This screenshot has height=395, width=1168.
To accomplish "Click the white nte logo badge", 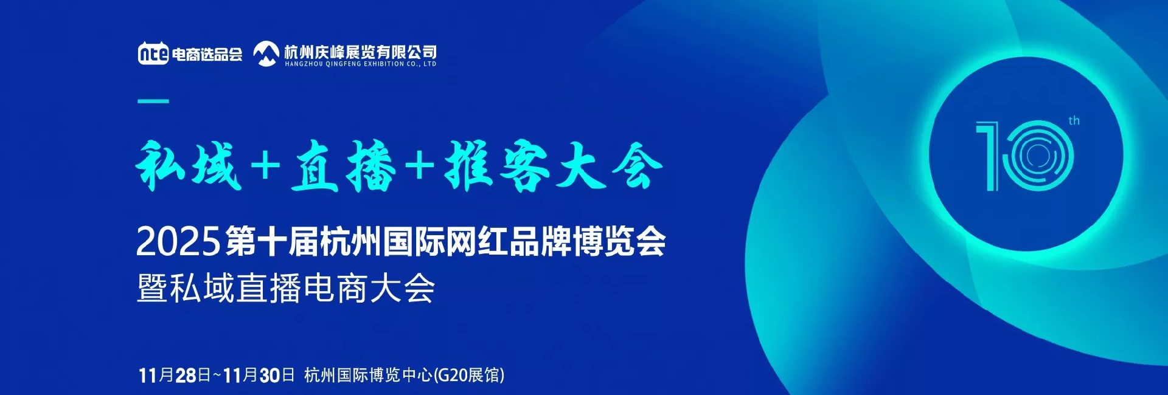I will tap(153, 53).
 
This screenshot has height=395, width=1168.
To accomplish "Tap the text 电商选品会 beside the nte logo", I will tap(207, 55).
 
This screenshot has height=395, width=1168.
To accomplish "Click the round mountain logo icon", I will tap(266, 53).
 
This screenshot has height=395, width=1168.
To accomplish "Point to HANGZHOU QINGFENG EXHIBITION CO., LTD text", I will tap(360, 64).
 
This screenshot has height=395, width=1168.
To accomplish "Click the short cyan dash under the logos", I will tap(153, 101).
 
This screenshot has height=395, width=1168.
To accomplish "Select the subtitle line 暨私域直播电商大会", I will tap(286, 288).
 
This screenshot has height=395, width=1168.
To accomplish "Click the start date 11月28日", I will tap(175, 375).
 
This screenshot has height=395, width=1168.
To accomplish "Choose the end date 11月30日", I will tap(259, 375).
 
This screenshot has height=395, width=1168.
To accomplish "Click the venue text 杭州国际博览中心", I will tap(368, 375).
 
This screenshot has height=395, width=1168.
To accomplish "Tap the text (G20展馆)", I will tap(468, 375).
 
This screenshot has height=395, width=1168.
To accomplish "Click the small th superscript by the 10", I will tap(1074, 121).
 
